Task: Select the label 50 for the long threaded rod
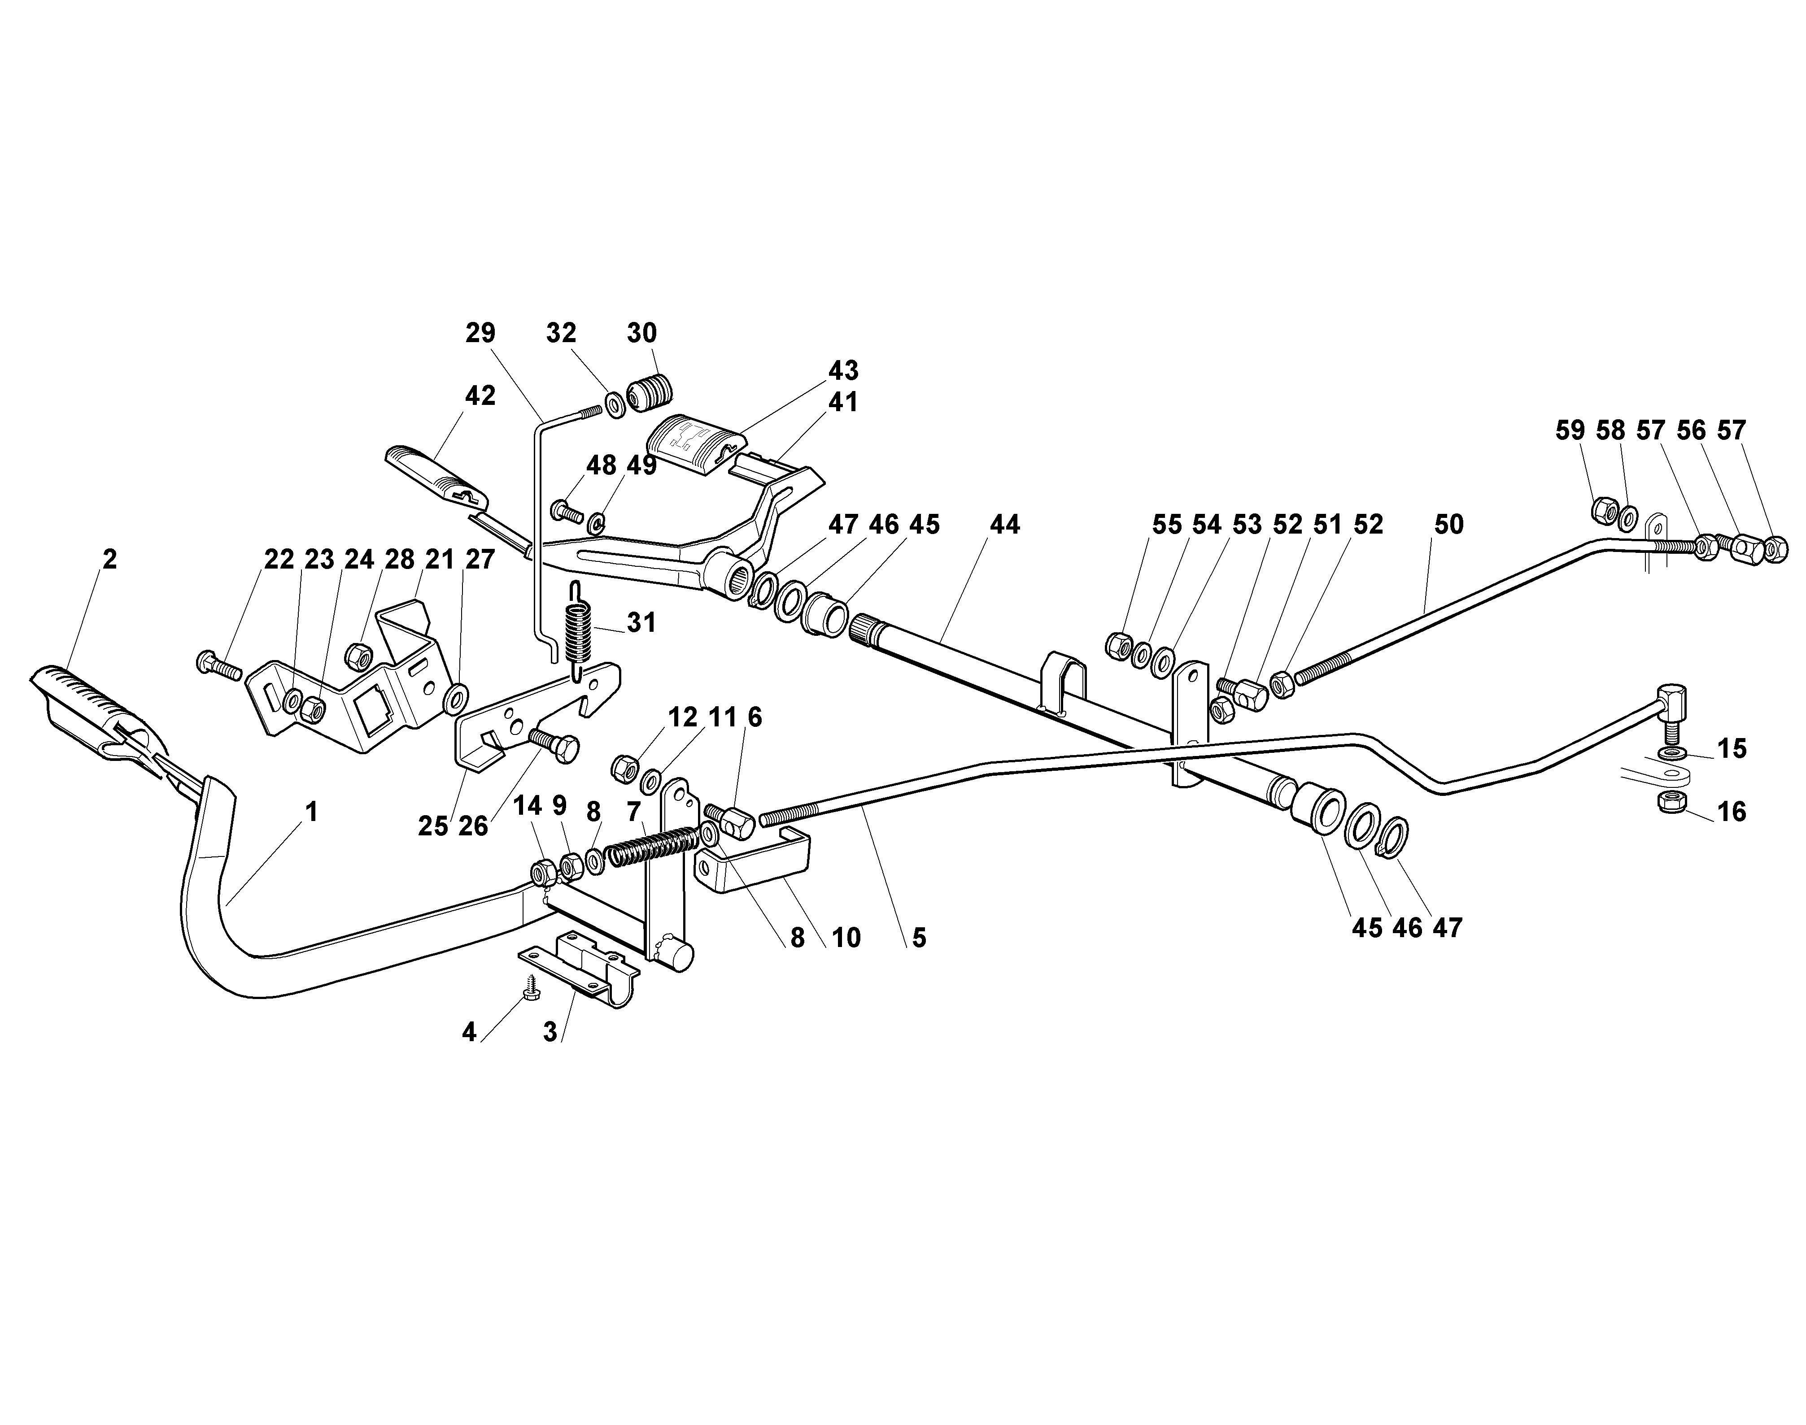click(1449, 525)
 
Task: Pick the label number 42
click(480, 395)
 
